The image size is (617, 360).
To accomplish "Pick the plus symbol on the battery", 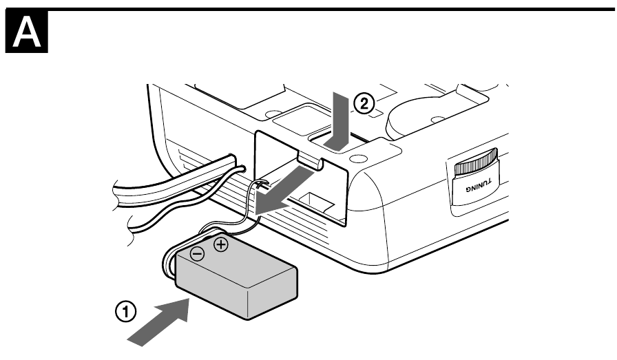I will point(220,244).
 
